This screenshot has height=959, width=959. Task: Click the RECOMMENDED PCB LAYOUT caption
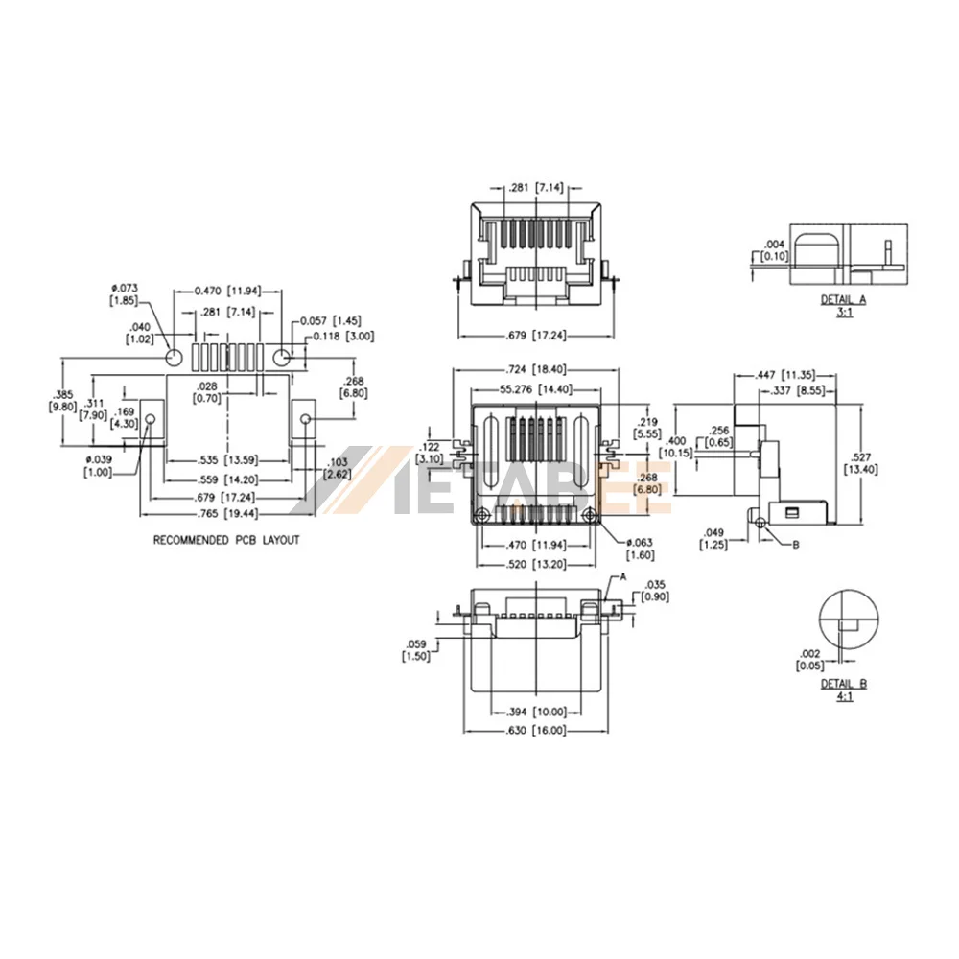click(226, 540)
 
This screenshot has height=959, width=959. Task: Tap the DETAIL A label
click(843, 299)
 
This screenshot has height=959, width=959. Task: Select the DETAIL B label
click(844, 684)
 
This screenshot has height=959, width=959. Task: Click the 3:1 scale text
click(844, 313)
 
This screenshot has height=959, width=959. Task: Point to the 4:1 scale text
click(845, 696)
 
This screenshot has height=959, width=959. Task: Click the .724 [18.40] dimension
click(536, 369)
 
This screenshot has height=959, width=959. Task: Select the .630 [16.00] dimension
click(536, 730)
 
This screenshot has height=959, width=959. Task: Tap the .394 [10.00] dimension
click(536, 712)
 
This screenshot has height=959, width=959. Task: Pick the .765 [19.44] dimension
click(227, 514)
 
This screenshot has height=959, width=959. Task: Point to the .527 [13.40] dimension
click(861, 463)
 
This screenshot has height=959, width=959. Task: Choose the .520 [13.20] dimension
click(536, 564)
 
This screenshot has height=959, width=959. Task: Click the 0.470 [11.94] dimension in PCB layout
click(227, 292)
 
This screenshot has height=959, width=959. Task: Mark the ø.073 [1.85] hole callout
click(124, 294)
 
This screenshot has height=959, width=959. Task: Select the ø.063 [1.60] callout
click(640, 549)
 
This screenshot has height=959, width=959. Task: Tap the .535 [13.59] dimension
click(227, 460)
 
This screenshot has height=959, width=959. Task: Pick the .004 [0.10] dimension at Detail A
click(775, 250)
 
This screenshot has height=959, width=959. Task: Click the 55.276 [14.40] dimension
click(536, 389)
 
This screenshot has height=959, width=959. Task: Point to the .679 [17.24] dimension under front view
click(536, 335)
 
